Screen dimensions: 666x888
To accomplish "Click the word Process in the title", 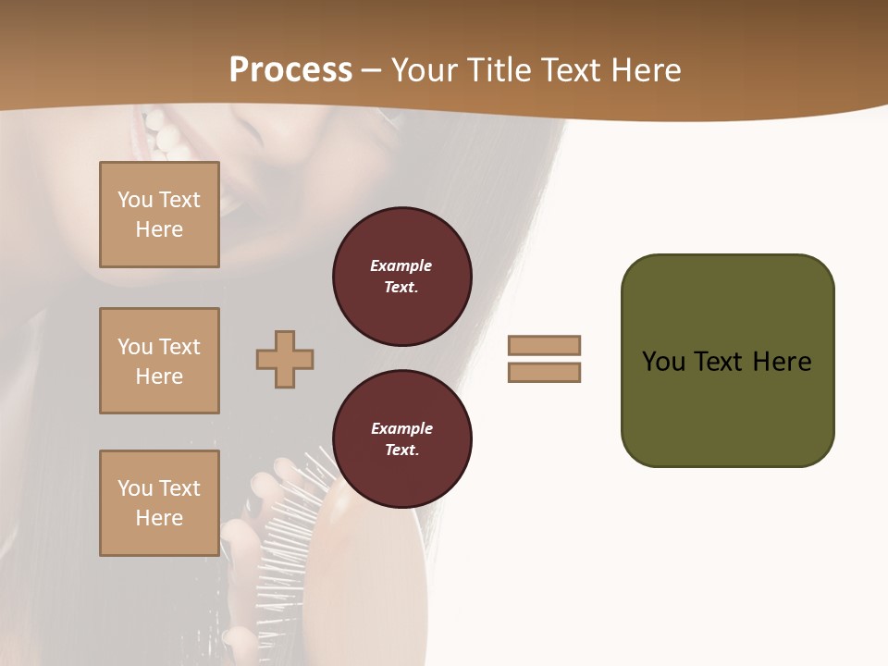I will [x=290, y=70].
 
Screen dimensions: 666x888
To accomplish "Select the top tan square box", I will [x=159, y=215].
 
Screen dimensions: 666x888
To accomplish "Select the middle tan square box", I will [x=159, y=361].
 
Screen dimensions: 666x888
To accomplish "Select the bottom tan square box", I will [x=159, y=502].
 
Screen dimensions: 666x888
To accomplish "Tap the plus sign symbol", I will [x=285, y=359].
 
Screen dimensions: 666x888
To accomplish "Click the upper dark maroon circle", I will [x=401, y=277].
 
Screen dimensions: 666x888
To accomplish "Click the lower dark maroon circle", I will [x=401, y=439].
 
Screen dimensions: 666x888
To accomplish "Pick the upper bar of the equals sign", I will [x=544, y=345].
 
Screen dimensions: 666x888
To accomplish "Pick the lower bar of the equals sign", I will [x=544, y=372].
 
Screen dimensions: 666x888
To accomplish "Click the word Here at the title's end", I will [x=645, y=70].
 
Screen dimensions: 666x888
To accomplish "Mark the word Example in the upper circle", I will [x=401, y=265].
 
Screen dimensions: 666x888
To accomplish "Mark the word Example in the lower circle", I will [x=401, y=428].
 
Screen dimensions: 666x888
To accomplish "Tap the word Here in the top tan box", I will [x=159, y=229].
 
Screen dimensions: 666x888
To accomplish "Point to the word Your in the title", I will [x=425, y=70].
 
